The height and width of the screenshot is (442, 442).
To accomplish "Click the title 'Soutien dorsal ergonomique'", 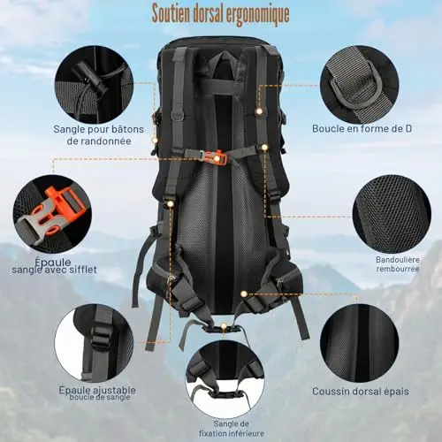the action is click(220, 13).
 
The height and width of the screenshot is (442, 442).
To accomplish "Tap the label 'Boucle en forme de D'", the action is click(362, 129).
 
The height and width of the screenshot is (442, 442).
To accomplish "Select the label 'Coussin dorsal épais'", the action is click(361, 392).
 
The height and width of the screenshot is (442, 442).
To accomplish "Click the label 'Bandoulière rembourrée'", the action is click(398, 264).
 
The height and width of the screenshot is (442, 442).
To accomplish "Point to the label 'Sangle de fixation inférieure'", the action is click(232, 429).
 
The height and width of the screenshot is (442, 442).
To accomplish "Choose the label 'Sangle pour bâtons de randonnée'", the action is click(99, 135).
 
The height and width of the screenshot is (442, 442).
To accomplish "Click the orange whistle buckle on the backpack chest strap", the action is click(217, 157).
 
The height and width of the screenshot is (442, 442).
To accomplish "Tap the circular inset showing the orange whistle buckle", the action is click(52, 214).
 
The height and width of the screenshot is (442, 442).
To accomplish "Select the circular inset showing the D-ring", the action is click(360, 85).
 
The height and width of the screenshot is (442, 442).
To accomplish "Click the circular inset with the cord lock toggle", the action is click(94, 85).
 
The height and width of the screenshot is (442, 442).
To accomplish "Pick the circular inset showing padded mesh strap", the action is click(392, 214).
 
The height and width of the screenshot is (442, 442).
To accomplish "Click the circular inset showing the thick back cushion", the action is click(360, 344).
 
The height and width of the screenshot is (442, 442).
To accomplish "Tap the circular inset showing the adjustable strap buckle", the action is click(94, 344).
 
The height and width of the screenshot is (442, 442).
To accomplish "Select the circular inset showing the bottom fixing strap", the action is click(225, 379).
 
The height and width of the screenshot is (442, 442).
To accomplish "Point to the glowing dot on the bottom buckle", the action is click(224, 326).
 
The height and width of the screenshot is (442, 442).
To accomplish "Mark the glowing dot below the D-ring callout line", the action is click(259, 111).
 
